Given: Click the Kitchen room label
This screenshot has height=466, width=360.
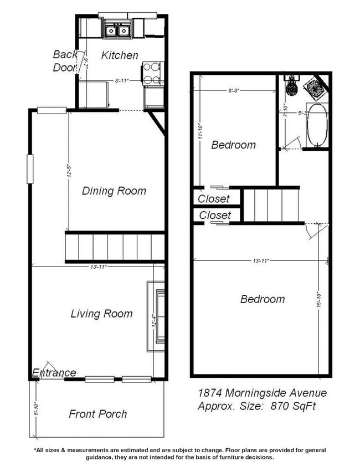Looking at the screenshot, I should tap(120, 55).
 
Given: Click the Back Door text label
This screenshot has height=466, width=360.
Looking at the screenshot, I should tap(65, 61).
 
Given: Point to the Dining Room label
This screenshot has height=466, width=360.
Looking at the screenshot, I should tap(114, 191).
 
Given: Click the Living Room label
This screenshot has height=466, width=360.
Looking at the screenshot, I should tap(101, 314).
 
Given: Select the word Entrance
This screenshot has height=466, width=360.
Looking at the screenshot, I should tap(54, 372).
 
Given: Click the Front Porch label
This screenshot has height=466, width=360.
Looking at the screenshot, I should tap(97, 414).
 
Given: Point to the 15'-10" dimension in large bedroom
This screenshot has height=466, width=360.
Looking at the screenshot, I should tap(320, 301).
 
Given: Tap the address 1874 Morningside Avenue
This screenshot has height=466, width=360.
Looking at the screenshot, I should tap(263, 393).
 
